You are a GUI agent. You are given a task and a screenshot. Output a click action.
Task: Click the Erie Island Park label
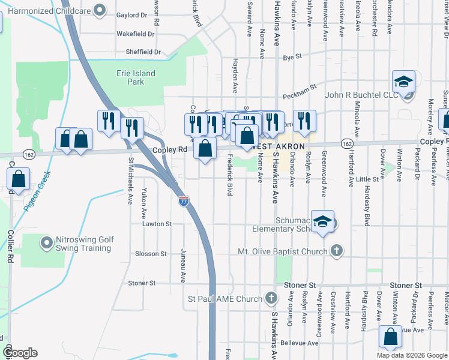[x=136, y=77]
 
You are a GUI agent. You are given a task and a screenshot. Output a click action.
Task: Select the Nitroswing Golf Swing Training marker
[x=46, y=243]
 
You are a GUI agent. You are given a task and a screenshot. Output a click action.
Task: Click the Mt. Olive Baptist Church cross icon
[x=337, y=251]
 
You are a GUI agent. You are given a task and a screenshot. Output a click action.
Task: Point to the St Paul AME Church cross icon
[x=271, y=298]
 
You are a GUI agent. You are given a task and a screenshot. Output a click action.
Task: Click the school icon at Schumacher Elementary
[x=323, y=221]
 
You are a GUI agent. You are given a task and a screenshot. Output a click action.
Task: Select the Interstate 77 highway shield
[x=184, y=201]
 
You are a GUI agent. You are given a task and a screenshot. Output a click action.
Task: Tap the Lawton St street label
[x=157, y=224]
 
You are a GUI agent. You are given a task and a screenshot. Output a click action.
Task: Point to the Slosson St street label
[x=151, y=254]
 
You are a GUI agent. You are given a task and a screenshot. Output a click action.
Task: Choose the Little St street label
[x=367, y=179]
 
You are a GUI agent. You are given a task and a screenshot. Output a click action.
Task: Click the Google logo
[x=19, y=353]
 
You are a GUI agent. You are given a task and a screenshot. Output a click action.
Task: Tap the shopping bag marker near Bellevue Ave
[x=390, y=338]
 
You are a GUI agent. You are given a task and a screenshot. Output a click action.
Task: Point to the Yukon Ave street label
[x=144, y=204]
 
